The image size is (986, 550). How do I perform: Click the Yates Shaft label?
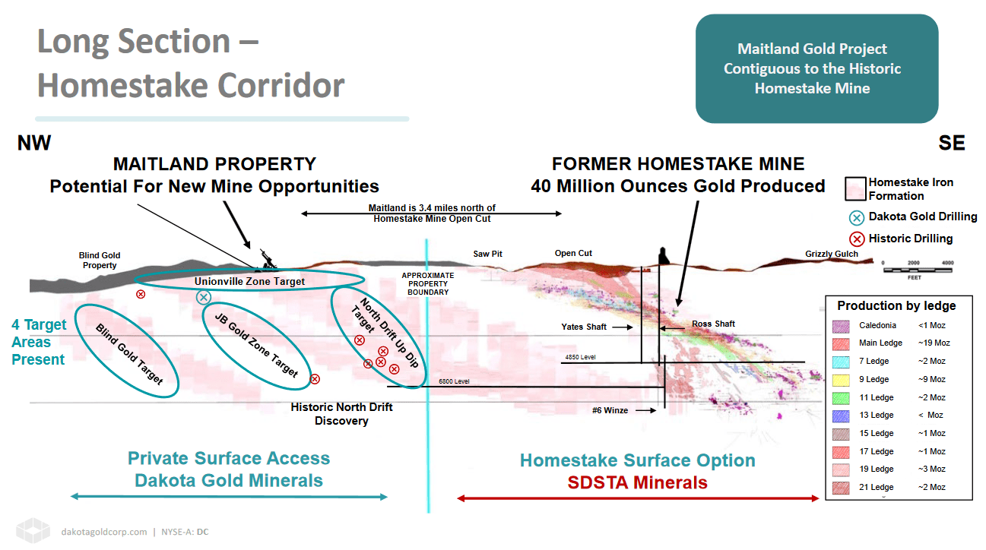click(584, 327)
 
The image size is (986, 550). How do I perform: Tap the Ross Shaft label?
click(713, 324)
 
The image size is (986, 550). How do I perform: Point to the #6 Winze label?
click(610, 410)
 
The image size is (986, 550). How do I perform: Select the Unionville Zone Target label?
click(249, 282)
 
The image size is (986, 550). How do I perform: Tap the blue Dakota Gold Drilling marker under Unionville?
click(203, 298)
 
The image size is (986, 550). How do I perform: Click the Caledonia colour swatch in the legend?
click(841, 325)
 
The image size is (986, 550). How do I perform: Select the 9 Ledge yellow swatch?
click(841, 379)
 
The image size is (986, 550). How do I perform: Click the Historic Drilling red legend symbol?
click(857, 239)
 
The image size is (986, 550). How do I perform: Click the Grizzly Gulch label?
click(832, 254)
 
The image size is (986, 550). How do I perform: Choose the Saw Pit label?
click(487, 254)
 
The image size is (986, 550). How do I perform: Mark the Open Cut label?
click(573, 254)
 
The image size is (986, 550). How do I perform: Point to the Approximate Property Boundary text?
click(428, 283)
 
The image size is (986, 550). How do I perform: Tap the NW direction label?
click(34, 144)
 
